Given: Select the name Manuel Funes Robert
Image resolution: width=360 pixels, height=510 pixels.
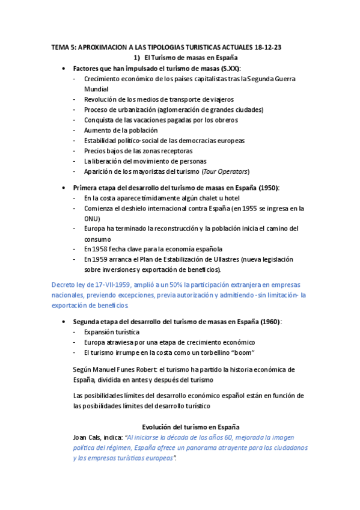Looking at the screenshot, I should (129, 369).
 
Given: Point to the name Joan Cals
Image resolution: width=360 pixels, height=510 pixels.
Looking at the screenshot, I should (86, 437).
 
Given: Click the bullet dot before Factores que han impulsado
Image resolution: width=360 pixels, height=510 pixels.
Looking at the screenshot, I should (64, 69).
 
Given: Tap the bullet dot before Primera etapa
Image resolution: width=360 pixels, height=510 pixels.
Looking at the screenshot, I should (64, 188).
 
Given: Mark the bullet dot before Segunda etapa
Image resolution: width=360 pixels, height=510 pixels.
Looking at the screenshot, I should (64, 322).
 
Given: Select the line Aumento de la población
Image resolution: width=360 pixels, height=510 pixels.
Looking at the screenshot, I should (121, 130).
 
